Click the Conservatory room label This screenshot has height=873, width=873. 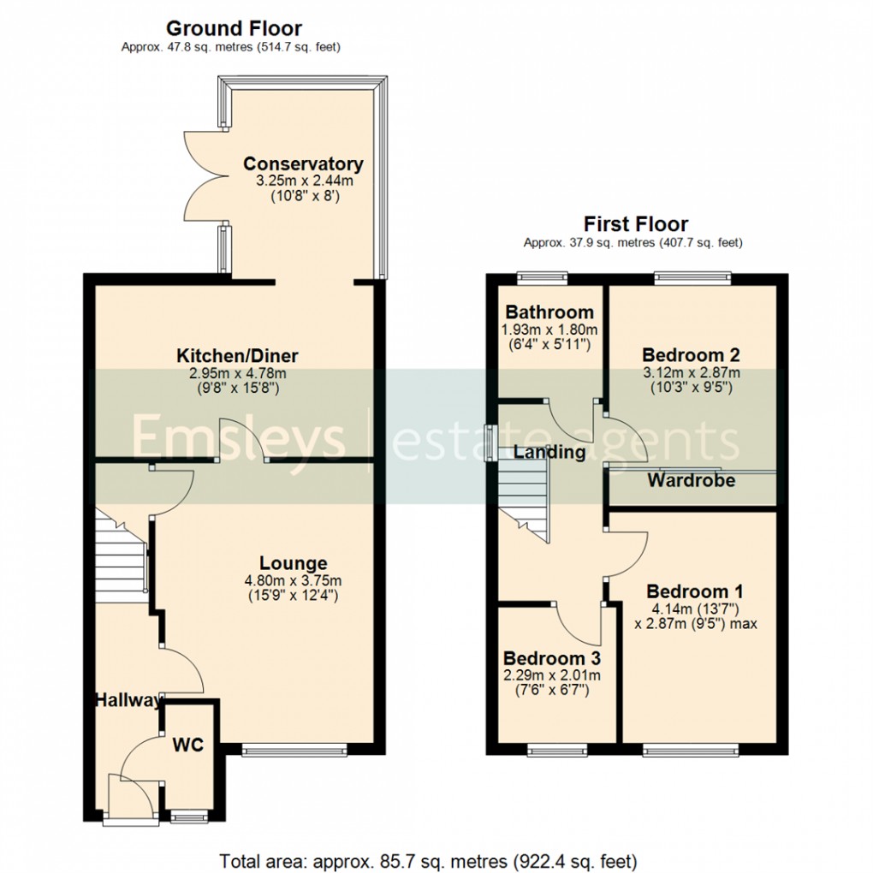[x=303, y=163]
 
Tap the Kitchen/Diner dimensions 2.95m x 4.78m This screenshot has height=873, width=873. [x=237, y=373]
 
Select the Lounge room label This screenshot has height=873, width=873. [x=294, y=563]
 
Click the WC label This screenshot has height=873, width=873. [x=187, y=745]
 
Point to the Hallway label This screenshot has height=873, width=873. [x=128, y=701]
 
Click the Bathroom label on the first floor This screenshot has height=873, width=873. [x=549, y=312]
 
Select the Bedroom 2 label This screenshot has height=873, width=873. [x=691, y=354]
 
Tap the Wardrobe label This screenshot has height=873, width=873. [x=691, y=480]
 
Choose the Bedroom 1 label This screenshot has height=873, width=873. [x=694, y=591]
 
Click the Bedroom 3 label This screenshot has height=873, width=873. [x=551, y=658]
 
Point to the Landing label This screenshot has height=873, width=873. [x=549, y=452]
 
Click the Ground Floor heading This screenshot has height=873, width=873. [x=233, y=29]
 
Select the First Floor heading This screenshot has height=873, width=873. [x=635, y=224]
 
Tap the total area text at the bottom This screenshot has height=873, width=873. [x=427, y=859]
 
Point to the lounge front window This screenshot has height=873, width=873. [x=294, y=751]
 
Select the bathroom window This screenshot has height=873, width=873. [x=543, y=276]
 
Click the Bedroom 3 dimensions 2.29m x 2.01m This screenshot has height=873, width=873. [x=551, y=675]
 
